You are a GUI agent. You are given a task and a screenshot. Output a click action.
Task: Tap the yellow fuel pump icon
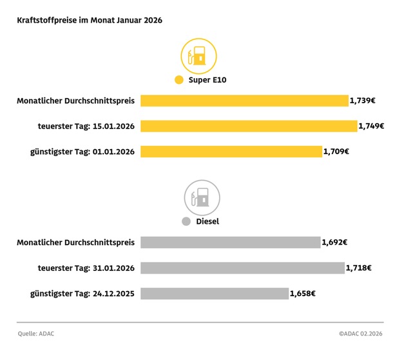pyautogui.click(x=198, y=55)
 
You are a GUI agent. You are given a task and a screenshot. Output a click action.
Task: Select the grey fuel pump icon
pyautogui.click(x=202, y=197)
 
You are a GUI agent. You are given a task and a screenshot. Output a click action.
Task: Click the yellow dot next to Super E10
pyautogui.click(x=179, y=81)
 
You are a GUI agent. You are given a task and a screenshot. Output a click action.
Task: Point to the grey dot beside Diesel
pyautogui.click(x=186, y=221)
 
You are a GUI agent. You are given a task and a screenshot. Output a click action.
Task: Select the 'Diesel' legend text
pyautogui.click(x=208, y=221)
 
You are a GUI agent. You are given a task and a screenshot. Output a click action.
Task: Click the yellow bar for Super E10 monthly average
pyautogui.click(x=244, y=101)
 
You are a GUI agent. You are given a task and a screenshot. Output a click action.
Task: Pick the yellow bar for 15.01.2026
pyautogui.click(x=248, y=126)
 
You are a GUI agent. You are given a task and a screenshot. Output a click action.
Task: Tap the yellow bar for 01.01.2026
pyautogui.click(x=231, y=152)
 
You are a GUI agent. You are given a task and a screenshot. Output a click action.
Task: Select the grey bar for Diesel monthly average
pyautogui.click(x=230, y=242)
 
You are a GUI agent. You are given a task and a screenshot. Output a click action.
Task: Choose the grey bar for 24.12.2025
pyautogui.click(x=214, y=294)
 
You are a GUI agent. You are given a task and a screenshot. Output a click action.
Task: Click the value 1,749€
pyautogui.click(x=371, y=126)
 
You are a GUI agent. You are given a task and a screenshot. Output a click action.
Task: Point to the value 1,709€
pyautogui.click(x=336, y=152)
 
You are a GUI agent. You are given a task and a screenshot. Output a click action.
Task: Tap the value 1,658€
pyautogui.click(x=303, y=294)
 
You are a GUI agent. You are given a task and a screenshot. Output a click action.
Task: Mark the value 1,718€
pyautogui.click(x=358, y=268)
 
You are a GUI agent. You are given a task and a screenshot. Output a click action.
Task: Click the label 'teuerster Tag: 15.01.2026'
pyautogui.click(x=82, y=126)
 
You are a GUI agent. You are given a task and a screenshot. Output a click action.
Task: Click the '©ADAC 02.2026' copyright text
pyautogui.click(x=361, y=334)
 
